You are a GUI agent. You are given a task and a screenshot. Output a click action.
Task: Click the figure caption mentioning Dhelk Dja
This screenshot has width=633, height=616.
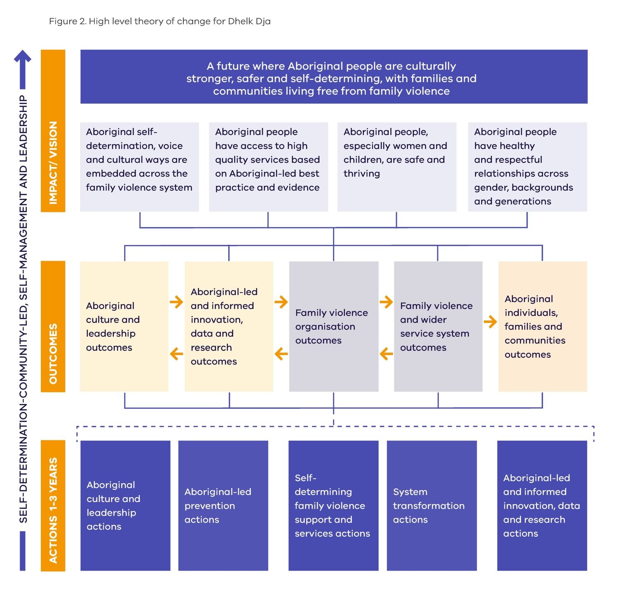tap(160, 21)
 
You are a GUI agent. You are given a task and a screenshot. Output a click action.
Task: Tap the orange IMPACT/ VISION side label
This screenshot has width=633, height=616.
tap(53, 131)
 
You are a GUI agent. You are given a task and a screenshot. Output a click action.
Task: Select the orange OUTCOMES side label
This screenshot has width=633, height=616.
tap(53, 326)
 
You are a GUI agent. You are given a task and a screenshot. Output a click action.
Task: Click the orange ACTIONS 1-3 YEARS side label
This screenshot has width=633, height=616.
tap(53, 505)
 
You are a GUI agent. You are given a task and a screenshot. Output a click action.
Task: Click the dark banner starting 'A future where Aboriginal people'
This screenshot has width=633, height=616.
tap(334, 77)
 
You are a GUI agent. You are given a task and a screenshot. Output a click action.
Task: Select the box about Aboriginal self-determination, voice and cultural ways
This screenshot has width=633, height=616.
tap(140, 167)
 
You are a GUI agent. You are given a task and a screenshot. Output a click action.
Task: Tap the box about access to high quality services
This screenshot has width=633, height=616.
tap(268, 167)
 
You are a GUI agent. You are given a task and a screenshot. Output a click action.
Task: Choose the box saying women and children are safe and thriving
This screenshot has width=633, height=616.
tap(397, 167)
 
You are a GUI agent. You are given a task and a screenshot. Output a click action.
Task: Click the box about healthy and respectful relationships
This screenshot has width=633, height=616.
tap(527, 167)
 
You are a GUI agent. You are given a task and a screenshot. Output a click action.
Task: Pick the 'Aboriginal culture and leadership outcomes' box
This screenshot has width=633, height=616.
tap(124, 326)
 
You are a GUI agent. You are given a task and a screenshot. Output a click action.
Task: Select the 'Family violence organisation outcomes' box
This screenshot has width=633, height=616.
tap(334, 326)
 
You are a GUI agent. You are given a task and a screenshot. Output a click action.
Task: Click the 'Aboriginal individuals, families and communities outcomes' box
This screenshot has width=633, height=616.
tap(543, 326)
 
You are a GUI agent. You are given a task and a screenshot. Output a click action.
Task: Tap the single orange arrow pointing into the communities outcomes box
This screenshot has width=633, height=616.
tap(490, 322)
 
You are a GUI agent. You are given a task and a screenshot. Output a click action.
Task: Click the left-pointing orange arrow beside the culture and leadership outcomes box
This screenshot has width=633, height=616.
tap(176, 353)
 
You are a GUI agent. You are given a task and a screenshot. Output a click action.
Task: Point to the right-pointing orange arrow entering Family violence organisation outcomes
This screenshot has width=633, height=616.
tap(281, 302)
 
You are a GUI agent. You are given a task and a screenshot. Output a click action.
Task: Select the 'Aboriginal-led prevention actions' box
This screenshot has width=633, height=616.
tap(223, 505)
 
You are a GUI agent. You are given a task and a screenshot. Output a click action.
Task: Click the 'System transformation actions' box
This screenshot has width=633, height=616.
tap(432, 505)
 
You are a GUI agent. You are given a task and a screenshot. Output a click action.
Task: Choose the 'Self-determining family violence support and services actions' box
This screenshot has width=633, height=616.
tap(333, 505)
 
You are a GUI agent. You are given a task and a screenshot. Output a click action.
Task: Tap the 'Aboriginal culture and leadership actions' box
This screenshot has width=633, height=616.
tap(125, 505)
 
